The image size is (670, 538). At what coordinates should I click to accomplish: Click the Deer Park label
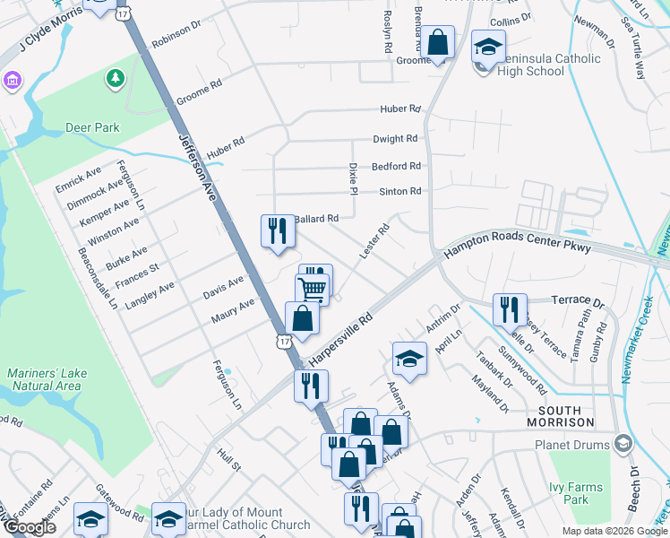92,127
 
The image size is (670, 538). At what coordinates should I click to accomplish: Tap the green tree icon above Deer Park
115,79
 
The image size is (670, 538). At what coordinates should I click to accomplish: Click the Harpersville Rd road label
340,338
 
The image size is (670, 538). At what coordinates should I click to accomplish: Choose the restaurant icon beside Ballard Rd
278,231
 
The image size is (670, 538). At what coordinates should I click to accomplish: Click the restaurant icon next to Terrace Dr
510,310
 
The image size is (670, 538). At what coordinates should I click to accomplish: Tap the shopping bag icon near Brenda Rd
437,42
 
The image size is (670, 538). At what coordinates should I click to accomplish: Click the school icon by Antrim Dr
409,359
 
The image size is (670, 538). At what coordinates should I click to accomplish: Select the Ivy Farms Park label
577,493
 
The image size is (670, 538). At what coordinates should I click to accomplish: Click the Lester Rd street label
374,242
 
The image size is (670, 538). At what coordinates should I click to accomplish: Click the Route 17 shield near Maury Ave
284,342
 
